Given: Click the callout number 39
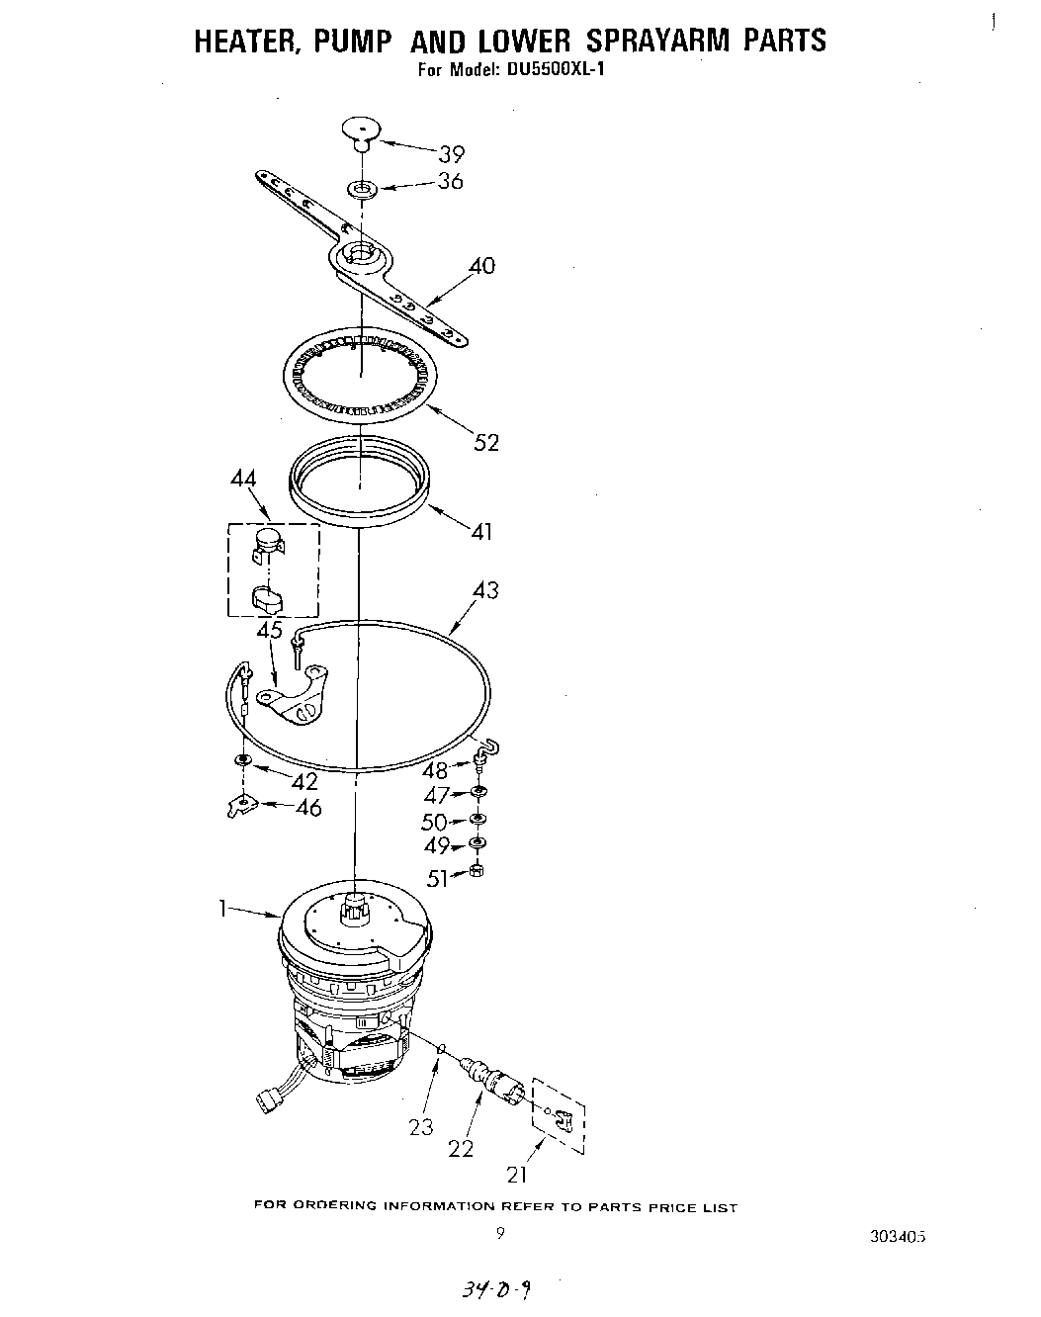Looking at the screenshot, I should [451, 154].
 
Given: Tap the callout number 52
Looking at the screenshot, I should [486, 442].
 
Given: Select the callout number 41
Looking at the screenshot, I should [481, 532].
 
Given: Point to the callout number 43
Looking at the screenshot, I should [485, 590].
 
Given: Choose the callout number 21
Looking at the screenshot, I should [517, 1175].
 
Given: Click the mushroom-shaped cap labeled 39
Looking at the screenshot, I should [362, 131].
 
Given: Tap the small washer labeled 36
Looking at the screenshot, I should [362, 187].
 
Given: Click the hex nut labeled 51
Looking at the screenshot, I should [477, 872].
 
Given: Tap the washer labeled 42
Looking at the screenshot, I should [242, 759].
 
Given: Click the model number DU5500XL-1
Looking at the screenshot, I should [541, 70].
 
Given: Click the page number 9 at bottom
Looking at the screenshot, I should [500, 1233].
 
